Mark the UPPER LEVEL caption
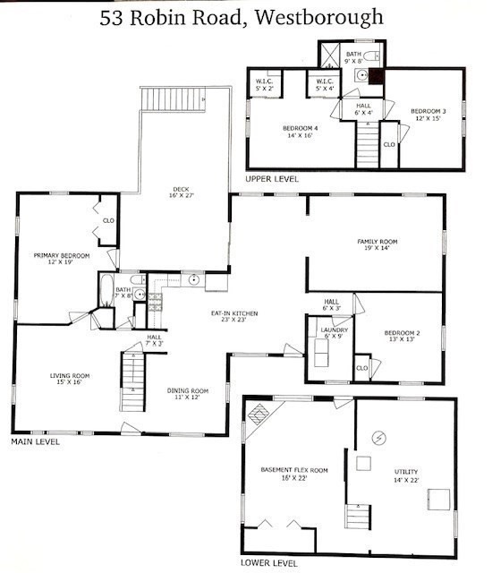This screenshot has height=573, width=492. [272, 179]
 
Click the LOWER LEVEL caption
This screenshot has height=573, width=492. [269, 563]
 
